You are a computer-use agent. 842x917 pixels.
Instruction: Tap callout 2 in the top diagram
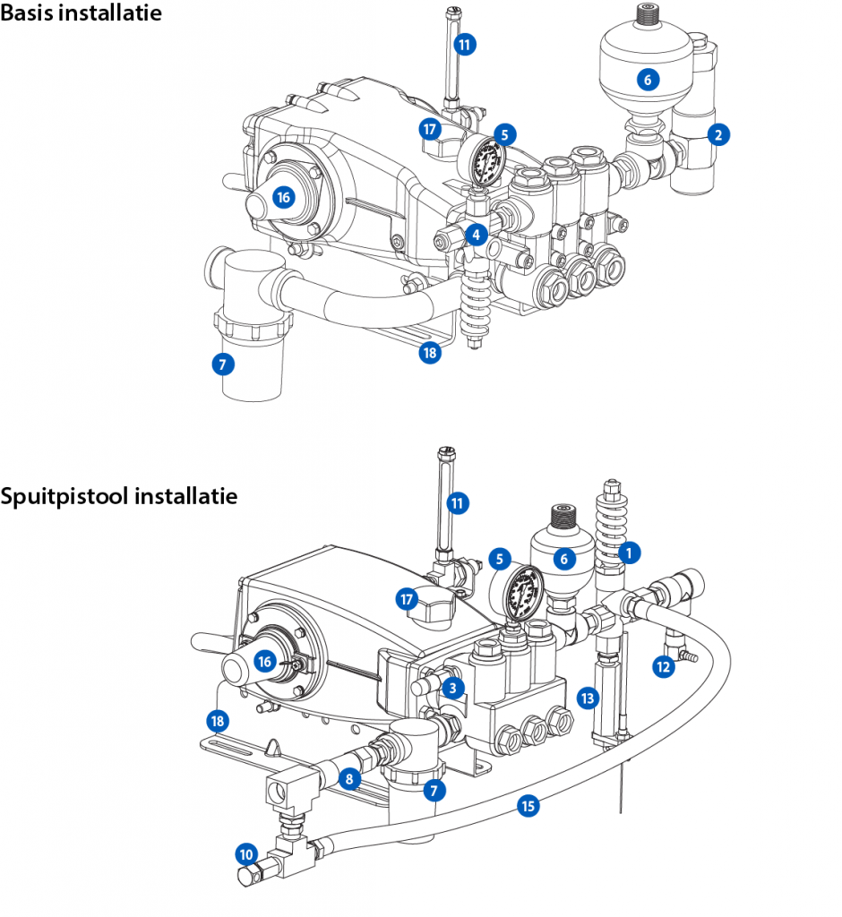[x=717, y=135]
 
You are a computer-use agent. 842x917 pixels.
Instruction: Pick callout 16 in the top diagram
[x=284, y=198]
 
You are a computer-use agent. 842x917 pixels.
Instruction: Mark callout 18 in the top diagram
[x=430, y=353]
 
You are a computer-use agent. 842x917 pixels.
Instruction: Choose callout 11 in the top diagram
[x=464, y=43]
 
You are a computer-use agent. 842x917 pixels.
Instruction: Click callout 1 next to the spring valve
[x=630, y=553]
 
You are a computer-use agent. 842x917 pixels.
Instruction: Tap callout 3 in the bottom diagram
[x=453, y=688]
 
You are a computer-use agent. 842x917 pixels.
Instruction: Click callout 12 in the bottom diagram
[x=662, y=666]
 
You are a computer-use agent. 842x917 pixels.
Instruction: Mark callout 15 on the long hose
[x=528, y=806]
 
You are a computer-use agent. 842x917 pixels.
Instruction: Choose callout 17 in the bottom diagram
[x=408, y=598]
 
